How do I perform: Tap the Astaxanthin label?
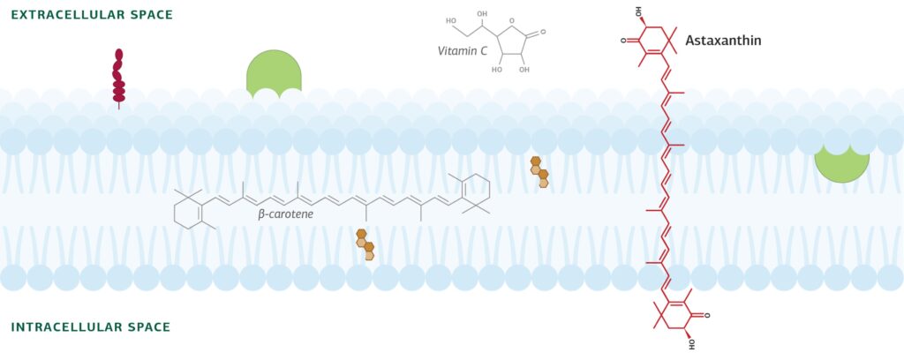coord(735,41)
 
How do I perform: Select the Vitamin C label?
coord(462,51)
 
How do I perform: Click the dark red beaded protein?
coord(118,77)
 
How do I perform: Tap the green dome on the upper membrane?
coord(274,73)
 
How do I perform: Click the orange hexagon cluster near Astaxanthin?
coord(539,172)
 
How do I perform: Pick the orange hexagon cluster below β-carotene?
coord(365,244)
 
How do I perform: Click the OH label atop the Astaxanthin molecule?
coord(639,11)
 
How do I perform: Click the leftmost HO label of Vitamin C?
coord(451,21)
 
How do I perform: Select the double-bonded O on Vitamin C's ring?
coord(544,32)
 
